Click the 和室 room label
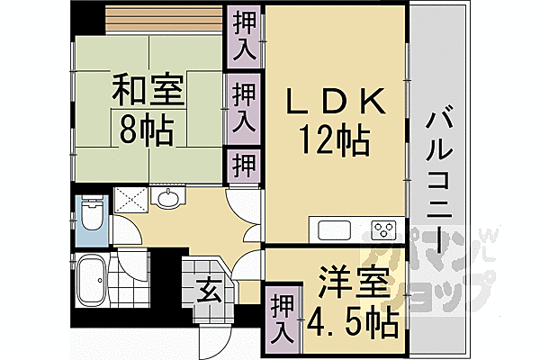point(148,92)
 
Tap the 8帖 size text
point(148,131)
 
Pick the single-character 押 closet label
point(244,165)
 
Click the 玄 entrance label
point(208,290)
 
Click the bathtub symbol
point(91,281)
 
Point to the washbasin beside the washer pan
point(167,200)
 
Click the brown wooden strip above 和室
point(162,18)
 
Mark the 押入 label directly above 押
point(244,106)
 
